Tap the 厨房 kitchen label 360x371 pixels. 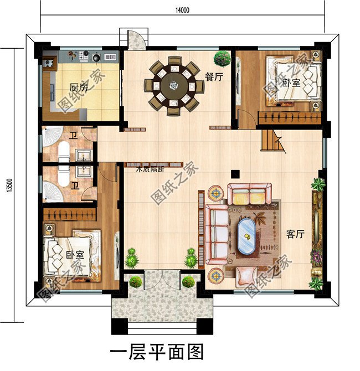(x=78, y=87)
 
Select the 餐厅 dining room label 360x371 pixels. (x=213, y=78)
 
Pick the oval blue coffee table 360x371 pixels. (x=246, y=238)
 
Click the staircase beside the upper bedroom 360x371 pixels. (x=272, y=140)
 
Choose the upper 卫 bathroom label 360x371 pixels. (x=73, y=136)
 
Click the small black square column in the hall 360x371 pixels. (x=235, y=172)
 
